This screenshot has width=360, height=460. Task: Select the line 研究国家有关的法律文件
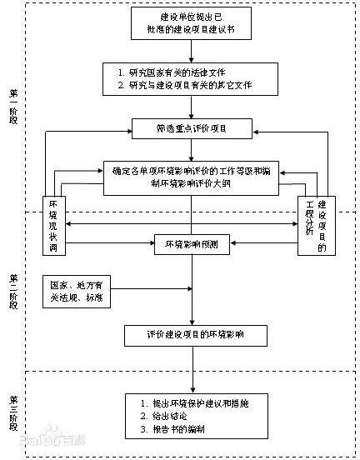coord(183,72)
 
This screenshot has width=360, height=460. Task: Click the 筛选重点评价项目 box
coord(192,129)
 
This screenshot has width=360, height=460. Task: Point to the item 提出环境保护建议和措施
coord(188,402)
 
